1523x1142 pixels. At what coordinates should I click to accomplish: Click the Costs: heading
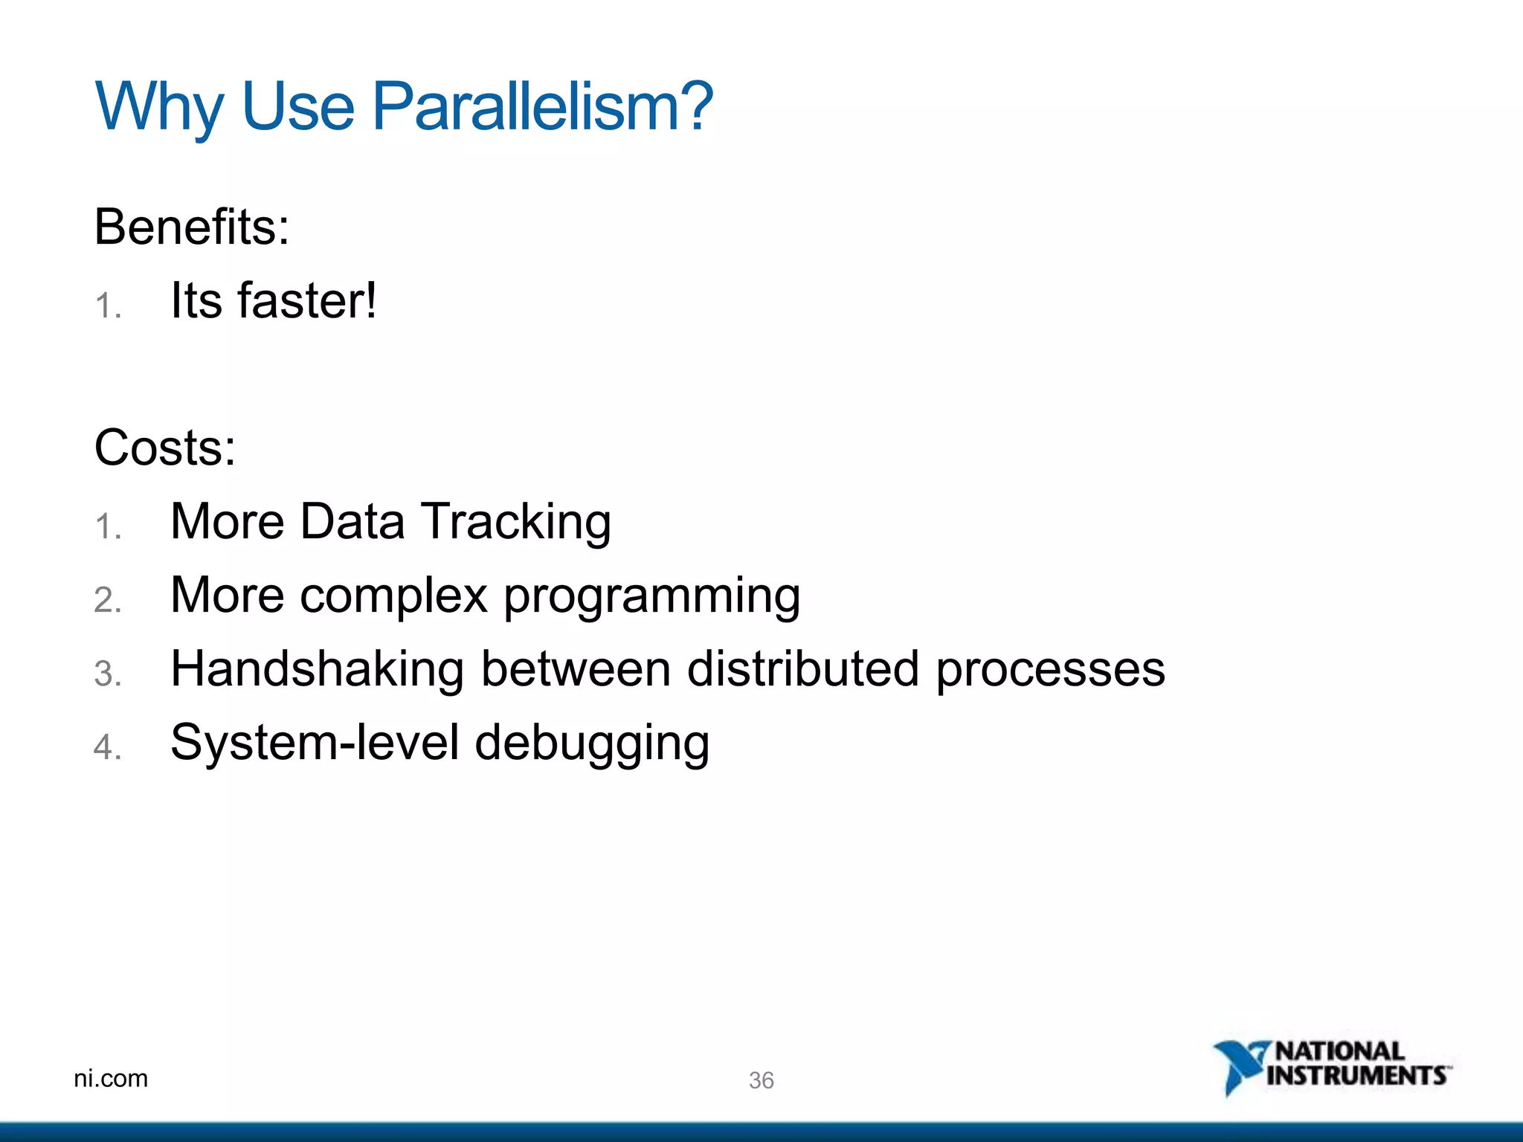(x=165, y=448)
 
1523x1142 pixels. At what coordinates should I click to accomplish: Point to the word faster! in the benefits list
(x=307, y=300)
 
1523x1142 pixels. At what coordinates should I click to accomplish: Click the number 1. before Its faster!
(x=108, y=306)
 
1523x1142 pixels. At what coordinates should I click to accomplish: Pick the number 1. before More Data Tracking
(x=108, y=526)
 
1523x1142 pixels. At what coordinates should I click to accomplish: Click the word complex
(x=393, y=595)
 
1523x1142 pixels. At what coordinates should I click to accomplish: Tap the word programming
(x=652, y=596)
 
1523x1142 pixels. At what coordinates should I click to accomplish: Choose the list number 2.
(x=108, y=600)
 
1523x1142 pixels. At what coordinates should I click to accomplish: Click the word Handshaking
(x=318, y=668)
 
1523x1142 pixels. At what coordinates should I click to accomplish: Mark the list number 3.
(x=108, y=674)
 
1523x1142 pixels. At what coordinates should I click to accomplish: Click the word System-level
(x=315, y=742)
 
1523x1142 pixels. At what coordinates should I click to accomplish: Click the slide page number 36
(x=761, y=1080)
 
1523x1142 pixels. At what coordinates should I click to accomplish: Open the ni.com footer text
(x=111, y=1078)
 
